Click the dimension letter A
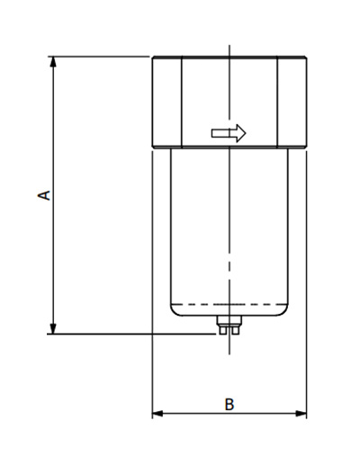tap(42, 194)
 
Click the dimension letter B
tap(229, 405)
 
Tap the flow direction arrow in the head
tap(229, 134)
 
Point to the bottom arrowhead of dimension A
tap(54, 328)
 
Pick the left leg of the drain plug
tap(223, 332)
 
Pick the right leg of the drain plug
tap(236, 332)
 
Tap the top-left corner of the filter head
tap(152, 58)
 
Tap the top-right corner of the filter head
tap(307, 58)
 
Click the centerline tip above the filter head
tap(229, 46)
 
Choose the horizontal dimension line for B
tap(198, 414)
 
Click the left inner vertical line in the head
tap(183, 103)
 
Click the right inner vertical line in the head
tap(277, 103)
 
